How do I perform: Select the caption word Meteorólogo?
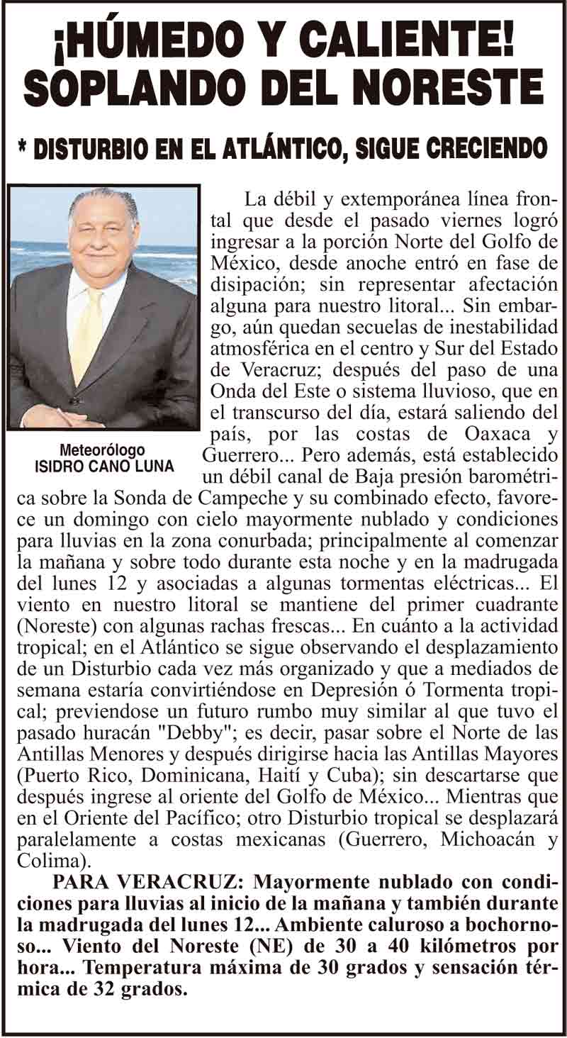click(102, 450)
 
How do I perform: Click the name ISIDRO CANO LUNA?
click(103, 467)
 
